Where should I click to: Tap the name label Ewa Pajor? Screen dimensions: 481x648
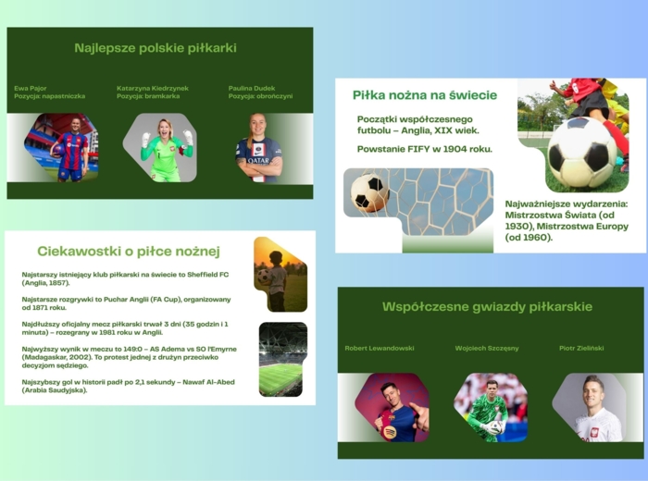tap(31, 89)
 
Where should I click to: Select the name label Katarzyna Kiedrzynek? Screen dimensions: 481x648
tap(153, 89)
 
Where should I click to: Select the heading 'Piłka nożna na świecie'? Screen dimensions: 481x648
tap(425, 95)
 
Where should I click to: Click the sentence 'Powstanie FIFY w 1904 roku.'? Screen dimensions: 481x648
tap(425, 148)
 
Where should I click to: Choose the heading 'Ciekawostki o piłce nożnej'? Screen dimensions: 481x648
tap(128, 251)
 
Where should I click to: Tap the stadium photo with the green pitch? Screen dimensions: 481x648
tap(281, 359)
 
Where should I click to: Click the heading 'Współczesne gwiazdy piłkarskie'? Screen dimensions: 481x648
tap(487, 306)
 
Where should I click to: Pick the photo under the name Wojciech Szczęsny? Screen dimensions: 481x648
tap(490, 407)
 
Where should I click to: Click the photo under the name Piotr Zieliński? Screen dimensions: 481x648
tap(591, 407)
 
